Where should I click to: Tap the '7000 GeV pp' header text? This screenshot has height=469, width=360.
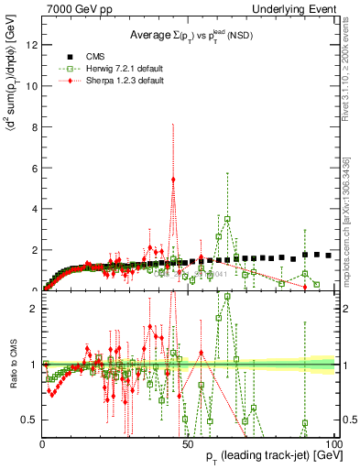click(77, 8)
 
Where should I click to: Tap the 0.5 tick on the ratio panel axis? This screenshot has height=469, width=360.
click(29, 420)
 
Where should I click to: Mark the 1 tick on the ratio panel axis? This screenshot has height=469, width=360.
click(33, 364)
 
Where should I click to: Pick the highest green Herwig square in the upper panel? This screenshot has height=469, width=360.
click(227, 218)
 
